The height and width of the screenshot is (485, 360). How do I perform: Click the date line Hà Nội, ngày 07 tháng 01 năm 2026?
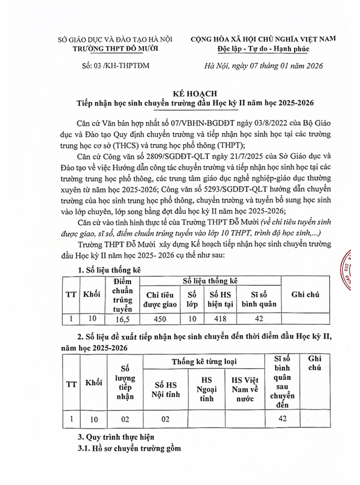[x=261, y=66]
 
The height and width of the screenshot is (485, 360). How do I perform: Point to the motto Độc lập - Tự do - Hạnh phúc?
[x=263, y=48]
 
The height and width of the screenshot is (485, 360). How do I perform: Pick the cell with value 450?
[x=160, y=319]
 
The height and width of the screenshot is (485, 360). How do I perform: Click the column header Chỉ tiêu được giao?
[x=160, y=299]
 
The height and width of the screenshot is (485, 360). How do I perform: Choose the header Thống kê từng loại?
[x=204, y=361]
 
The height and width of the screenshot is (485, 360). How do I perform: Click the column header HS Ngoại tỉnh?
[x=206, y=389]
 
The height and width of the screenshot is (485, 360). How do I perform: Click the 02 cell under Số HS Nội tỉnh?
[x=165, y=418]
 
